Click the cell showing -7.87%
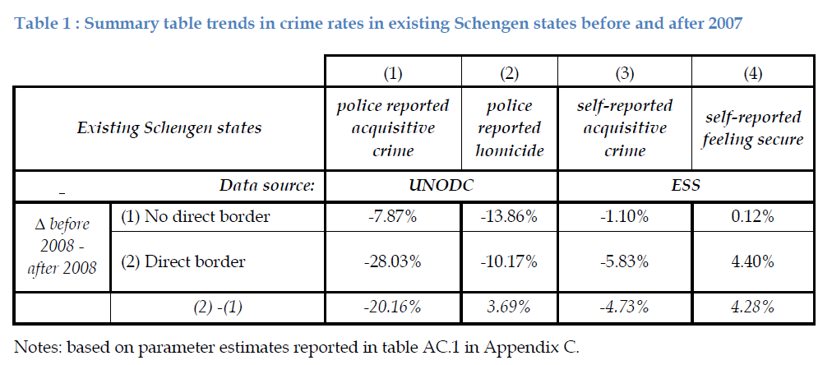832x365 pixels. [x=392, y=217]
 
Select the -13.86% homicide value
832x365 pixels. [x=510, y=217]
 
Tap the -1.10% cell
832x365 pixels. [x=625, y=217]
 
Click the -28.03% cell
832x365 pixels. [x=392, y=262]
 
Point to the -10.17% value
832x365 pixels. [x=510, y=262]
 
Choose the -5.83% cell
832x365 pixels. [x=625, y=262]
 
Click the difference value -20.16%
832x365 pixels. [x=392, y=307]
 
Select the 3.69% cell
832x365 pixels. [x=510, y=307]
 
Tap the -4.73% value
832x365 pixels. [x=625, y=307]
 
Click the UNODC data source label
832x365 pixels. [x=441, y=185]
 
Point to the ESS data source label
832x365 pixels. [x=685, y=185]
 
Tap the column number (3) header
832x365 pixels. [x=625, y=73]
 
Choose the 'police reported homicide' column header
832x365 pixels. [x=510, y=128]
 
